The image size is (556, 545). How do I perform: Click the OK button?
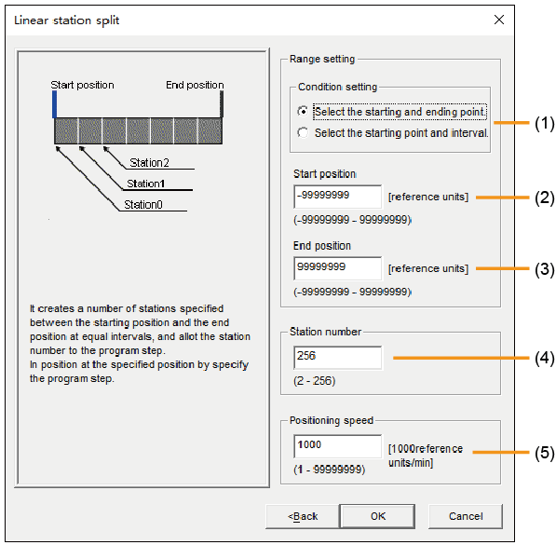(x=377, y=516)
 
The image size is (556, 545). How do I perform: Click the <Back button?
(x=302, y=516)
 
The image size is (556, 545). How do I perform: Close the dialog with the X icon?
(x=499, y=20)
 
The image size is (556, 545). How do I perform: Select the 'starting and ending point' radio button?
(x=303, y=112)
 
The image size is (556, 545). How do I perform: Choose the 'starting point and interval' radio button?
(x=303, y=132)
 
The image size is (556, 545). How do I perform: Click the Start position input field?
(x=338, y=197)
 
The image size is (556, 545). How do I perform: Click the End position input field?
(x=338, y=268)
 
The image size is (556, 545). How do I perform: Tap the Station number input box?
(x=338, y=358)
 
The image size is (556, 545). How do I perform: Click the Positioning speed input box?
(x=338, y=446)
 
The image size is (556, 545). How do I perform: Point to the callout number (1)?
(x=545, y=124)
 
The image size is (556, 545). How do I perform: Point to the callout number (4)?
(x=545, y=358)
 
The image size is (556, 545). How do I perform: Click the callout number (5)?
(x=545, y=453)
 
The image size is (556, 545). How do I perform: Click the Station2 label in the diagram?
(x=149, y=162)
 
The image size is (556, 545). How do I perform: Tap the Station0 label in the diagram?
(x=143, y=205)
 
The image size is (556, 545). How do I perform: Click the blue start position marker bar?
(x=54, y=104)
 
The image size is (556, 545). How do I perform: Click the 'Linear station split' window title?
(x=67, y=20)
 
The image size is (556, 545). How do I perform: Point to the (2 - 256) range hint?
(x=315, y=381)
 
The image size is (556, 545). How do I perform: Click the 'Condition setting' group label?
(x=337, y=87)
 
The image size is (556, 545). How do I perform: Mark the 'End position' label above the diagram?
(x=195, y=85)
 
